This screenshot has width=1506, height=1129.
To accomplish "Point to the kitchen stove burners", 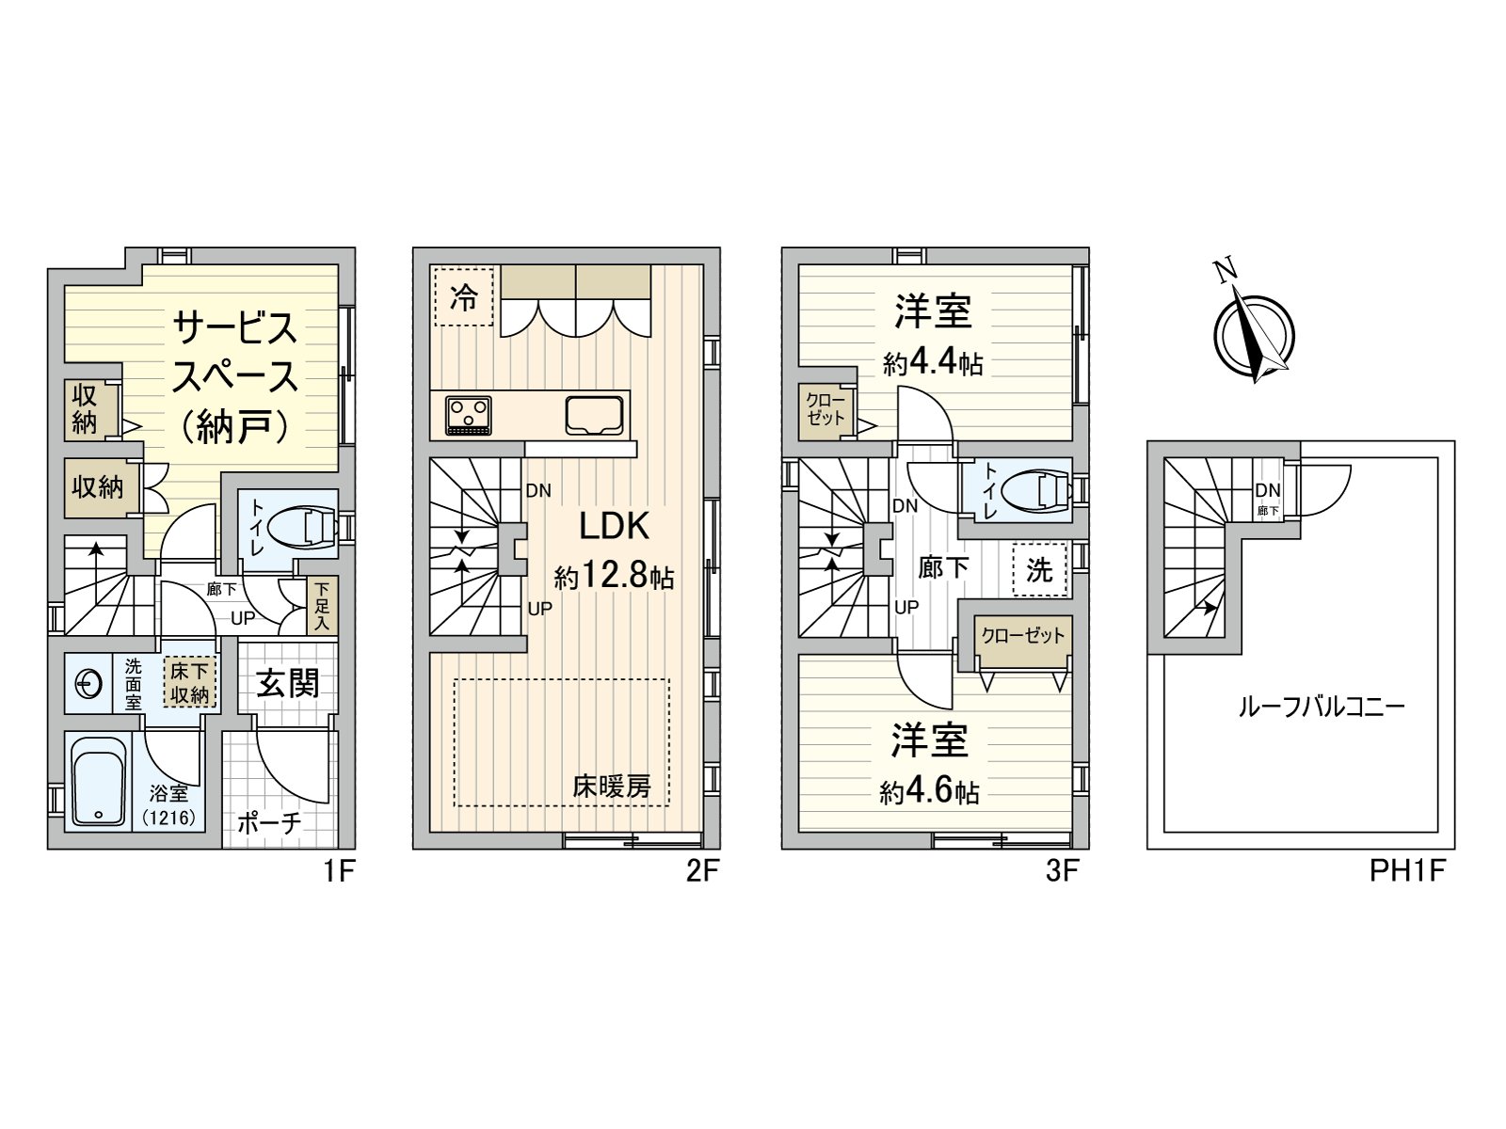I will [468, 415].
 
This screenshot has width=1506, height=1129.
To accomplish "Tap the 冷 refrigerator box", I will [463, 296].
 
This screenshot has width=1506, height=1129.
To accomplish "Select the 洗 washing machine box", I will [1039, 569].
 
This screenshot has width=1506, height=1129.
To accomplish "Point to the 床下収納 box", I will [189, 682].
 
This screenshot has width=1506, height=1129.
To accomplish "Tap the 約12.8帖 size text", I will [615, 576].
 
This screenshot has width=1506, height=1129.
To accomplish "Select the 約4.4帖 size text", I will [933, 363].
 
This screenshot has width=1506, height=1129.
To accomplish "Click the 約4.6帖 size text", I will [929, 792].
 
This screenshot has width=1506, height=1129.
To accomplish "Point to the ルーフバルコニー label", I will [1322, 706].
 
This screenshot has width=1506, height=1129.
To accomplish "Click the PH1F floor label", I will [1406, 871].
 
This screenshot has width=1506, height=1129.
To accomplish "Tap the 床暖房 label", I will [612, 787].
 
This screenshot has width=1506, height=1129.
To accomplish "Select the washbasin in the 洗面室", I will [88, 684].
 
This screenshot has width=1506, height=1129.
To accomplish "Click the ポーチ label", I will [269, 822].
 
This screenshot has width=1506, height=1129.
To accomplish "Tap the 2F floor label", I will [702, 871].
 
